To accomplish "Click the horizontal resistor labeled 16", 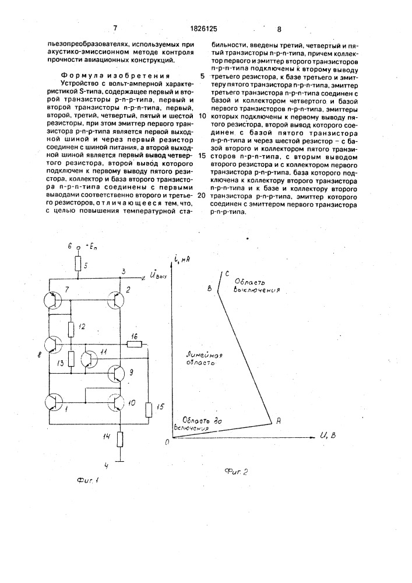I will pyautogui.click(x=134, y=345).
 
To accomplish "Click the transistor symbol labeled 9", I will pyautogui.click(x=118, y=374).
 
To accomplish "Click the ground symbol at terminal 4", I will pyautogui.click(x=121, y=460).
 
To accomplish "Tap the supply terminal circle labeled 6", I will pyautogui.click(x=78, y=248).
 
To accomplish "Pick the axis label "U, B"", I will pyautogui.click(x=328, y=436).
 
